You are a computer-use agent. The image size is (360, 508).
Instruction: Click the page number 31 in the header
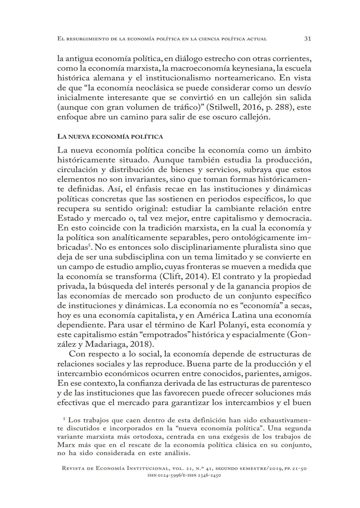pyautogui.click(x=308, y=39)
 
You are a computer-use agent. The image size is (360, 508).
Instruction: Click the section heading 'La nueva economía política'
pyautogui.click(x=110, y=137)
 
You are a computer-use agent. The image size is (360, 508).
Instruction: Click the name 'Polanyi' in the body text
pyautogui.click(x=235, y=325)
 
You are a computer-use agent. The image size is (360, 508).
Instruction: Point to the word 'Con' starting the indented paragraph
pyautogui.click(x=77, y=354)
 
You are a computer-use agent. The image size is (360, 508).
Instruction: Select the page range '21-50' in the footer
pyautogui.click(x=299, y=468)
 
